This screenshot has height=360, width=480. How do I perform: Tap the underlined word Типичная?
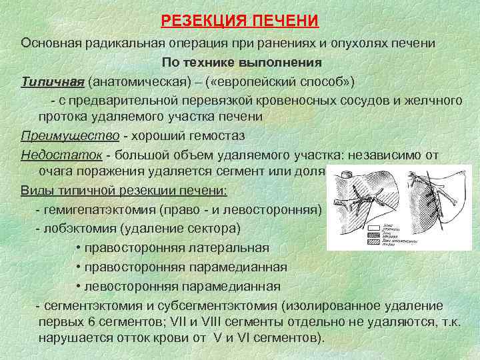[x=52, y=81]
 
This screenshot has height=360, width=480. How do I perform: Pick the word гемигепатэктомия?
[x=102, y=209]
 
